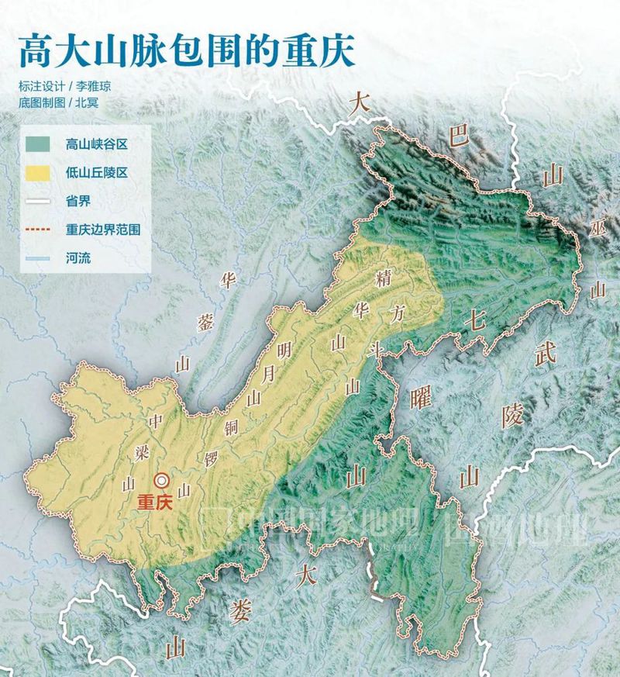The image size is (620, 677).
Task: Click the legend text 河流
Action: click(x=78, y=258)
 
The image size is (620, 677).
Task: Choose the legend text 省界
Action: click(x=78, y=202)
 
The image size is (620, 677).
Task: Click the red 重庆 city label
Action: click(x=153, y=502)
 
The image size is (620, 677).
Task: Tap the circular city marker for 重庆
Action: click(x=162, y=481)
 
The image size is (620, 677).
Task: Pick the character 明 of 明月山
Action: click(x=284, y=351)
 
